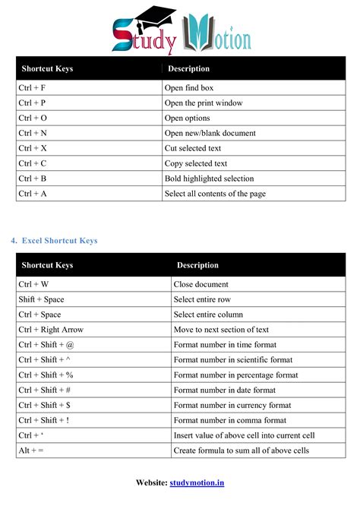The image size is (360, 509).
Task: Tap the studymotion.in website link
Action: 197,482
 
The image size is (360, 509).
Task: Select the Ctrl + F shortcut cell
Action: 32,88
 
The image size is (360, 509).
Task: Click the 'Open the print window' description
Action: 204,103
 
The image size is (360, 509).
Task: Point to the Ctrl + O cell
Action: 33,119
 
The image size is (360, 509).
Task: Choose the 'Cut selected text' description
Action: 193,148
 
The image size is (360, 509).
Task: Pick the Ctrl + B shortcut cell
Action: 32,179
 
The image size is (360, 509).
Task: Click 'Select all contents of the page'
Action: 215,194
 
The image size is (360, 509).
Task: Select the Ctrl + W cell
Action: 33,284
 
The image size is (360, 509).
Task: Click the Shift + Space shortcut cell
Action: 41,299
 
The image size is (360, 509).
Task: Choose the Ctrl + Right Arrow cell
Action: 51,330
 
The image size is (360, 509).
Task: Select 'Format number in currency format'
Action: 232,405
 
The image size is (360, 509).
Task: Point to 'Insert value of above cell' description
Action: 244,435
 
